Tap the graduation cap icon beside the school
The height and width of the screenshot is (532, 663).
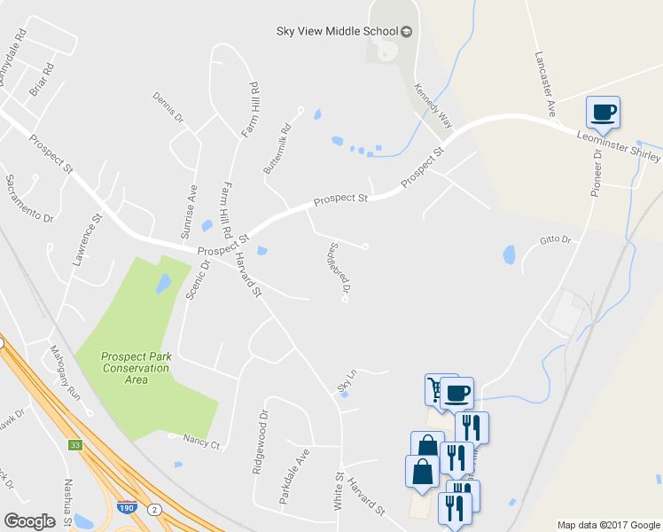click(x=407, y=32)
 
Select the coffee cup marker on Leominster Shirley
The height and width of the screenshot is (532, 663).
click(x=603, y=112)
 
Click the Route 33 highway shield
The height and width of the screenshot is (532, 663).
click(x=76, y=444)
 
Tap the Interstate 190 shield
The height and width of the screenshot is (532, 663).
click(x=127, y=509)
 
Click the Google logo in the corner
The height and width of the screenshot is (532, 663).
click(x=29, y=520)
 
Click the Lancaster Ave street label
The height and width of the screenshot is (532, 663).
click(x=544, y=70)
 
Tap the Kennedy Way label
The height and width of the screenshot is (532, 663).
click(x=433, y=106)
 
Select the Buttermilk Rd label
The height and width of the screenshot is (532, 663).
click(x=277, y=147)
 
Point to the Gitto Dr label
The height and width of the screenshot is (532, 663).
click(x=555, y=240)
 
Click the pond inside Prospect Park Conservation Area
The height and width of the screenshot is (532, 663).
click(x=164, y=284)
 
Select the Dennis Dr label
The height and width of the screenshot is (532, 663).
click(x=168, y=106)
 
